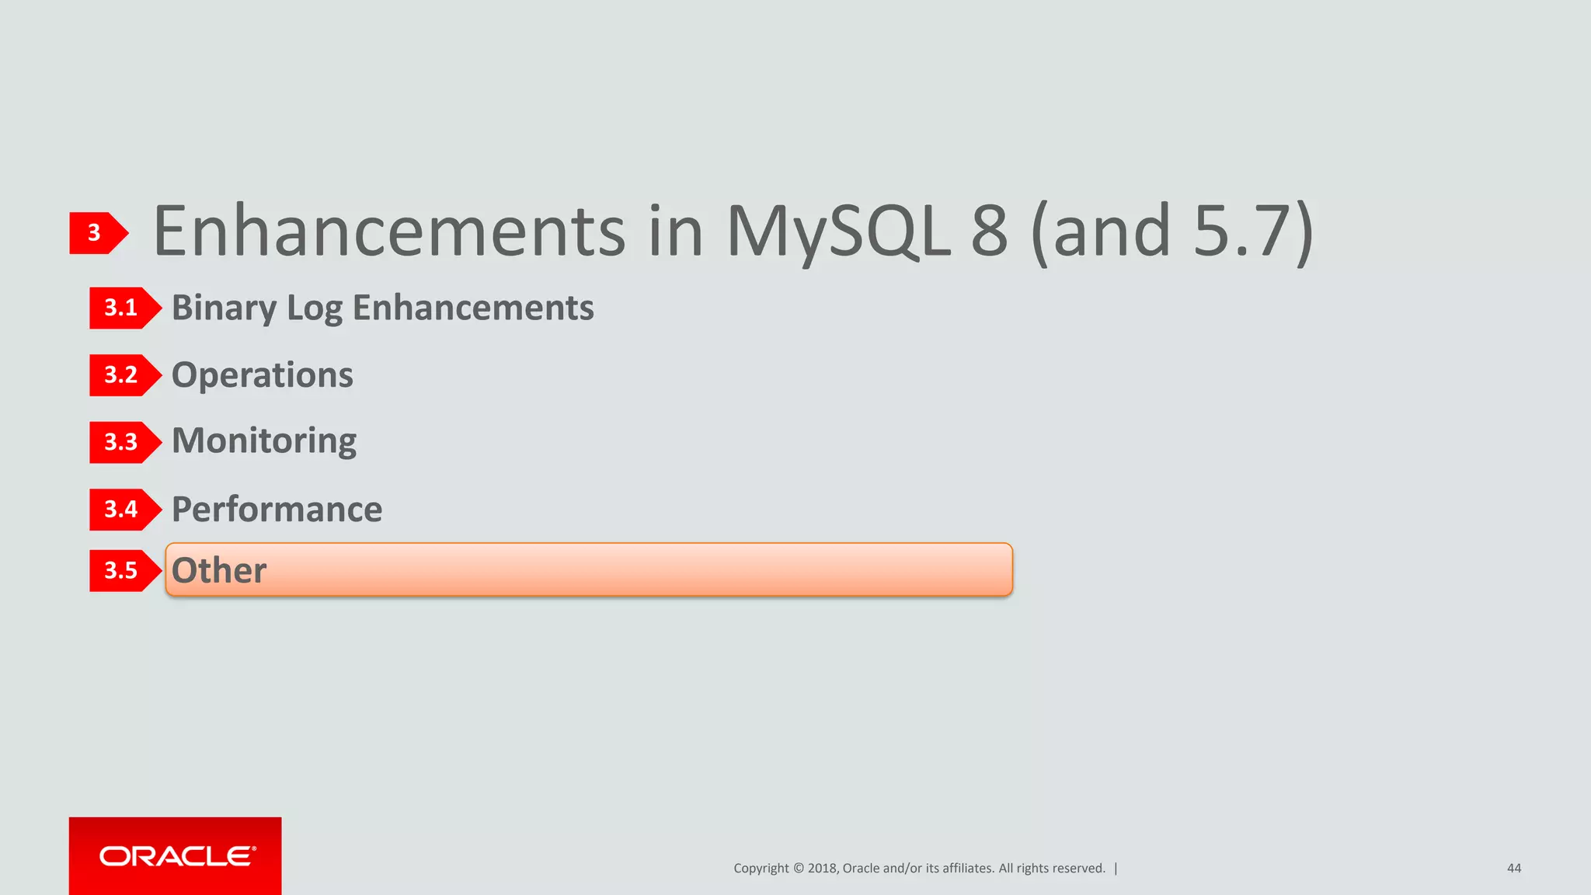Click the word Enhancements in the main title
click(388, 231)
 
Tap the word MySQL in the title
click(837, 231)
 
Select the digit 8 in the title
click(989, 231)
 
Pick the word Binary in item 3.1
click(224, 308)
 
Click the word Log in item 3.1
click(314, 308)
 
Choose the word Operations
click(262, 375)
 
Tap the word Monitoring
click(263, 441)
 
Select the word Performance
click(277, 510)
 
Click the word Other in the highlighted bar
click(218, 570)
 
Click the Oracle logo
click(176, 856)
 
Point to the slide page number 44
click(1513, 869)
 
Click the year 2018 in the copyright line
click(822, 869)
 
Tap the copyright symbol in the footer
click(798, 869)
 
